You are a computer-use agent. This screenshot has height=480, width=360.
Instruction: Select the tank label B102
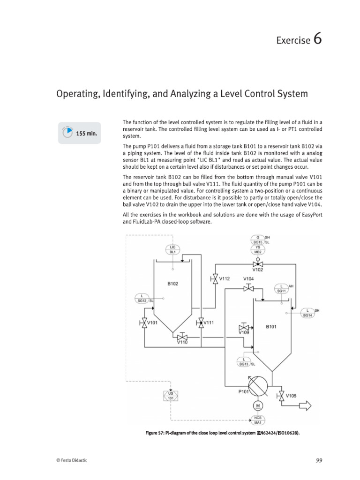(x=173, y=284)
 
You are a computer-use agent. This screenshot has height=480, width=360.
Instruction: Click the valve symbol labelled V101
(x=144, y=322)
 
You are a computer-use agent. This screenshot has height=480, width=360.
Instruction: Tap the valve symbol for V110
(x=182, y=337)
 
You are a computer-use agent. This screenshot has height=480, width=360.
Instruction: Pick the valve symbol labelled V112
(x=215, y=279)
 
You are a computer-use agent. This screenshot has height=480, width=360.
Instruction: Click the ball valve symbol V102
(x=257, y=264)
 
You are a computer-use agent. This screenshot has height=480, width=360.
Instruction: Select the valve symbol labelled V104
(x=248, y=289)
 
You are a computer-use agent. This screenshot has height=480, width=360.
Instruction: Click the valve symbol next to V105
(x=281, y=395)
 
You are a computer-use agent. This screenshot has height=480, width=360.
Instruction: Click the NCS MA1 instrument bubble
(x=257, y=419)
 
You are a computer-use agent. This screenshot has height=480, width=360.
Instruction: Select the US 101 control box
(x=171, y=396)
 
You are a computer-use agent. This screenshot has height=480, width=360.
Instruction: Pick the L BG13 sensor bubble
(x=243, y=361)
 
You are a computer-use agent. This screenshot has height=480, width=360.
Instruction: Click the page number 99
(x=319, y=461)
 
